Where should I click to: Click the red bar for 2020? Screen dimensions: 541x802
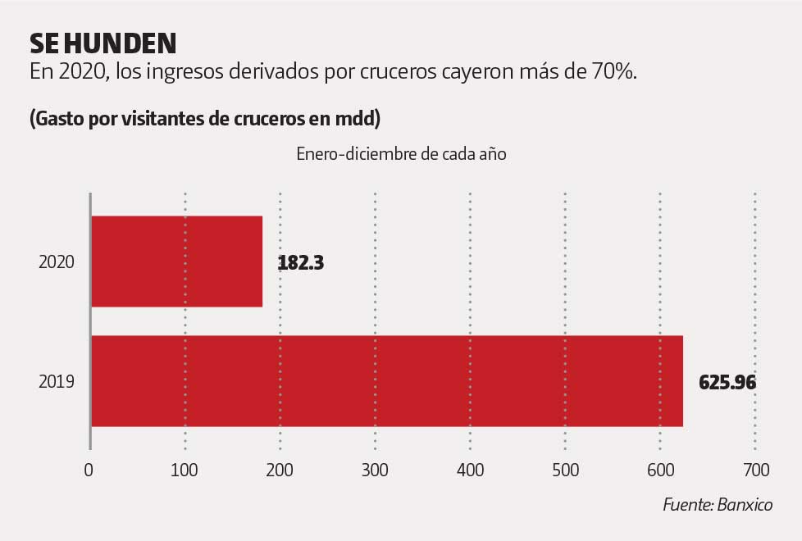point(176,261)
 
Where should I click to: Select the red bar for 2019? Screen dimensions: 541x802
point(386,381)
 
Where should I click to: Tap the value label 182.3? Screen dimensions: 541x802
point(301,263)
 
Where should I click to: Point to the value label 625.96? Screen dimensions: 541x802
point(727,383)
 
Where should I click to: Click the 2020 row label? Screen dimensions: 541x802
point(57,262)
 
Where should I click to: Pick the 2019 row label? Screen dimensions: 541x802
point(57,382)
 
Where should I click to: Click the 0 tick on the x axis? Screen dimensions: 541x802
point(89,471)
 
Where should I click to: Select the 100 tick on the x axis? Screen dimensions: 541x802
point(185,471)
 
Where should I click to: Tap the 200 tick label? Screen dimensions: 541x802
point(280,471)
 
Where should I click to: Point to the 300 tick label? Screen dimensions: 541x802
point(375,471)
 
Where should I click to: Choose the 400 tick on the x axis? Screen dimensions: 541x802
point(470,471)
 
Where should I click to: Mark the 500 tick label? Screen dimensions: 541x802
point(565,471)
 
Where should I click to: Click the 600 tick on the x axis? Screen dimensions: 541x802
point(660,471)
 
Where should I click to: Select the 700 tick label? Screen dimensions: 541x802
point(755,471)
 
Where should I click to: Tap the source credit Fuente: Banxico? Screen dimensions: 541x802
point(718,505)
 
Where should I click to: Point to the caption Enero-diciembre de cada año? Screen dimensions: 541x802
point(401,155)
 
